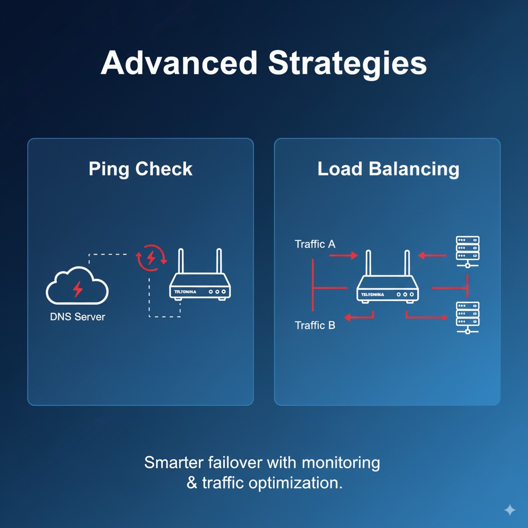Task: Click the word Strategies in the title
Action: point(348,64)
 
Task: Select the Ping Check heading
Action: point(140,169)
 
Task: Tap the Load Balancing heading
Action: point(388,169)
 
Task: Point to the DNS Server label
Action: point(77,317)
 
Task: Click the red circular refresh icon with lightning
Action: point(151,257)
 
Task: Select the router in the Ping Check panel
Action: point(200,284)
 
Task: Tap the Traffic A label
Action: point(315,244)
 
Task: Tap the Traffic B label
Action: point(315,325)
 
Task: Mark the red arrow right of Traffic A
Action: point(343,255)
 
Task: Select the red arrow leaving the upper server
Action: point(432,255)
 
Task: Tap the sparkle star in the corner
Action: point(509,510)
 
